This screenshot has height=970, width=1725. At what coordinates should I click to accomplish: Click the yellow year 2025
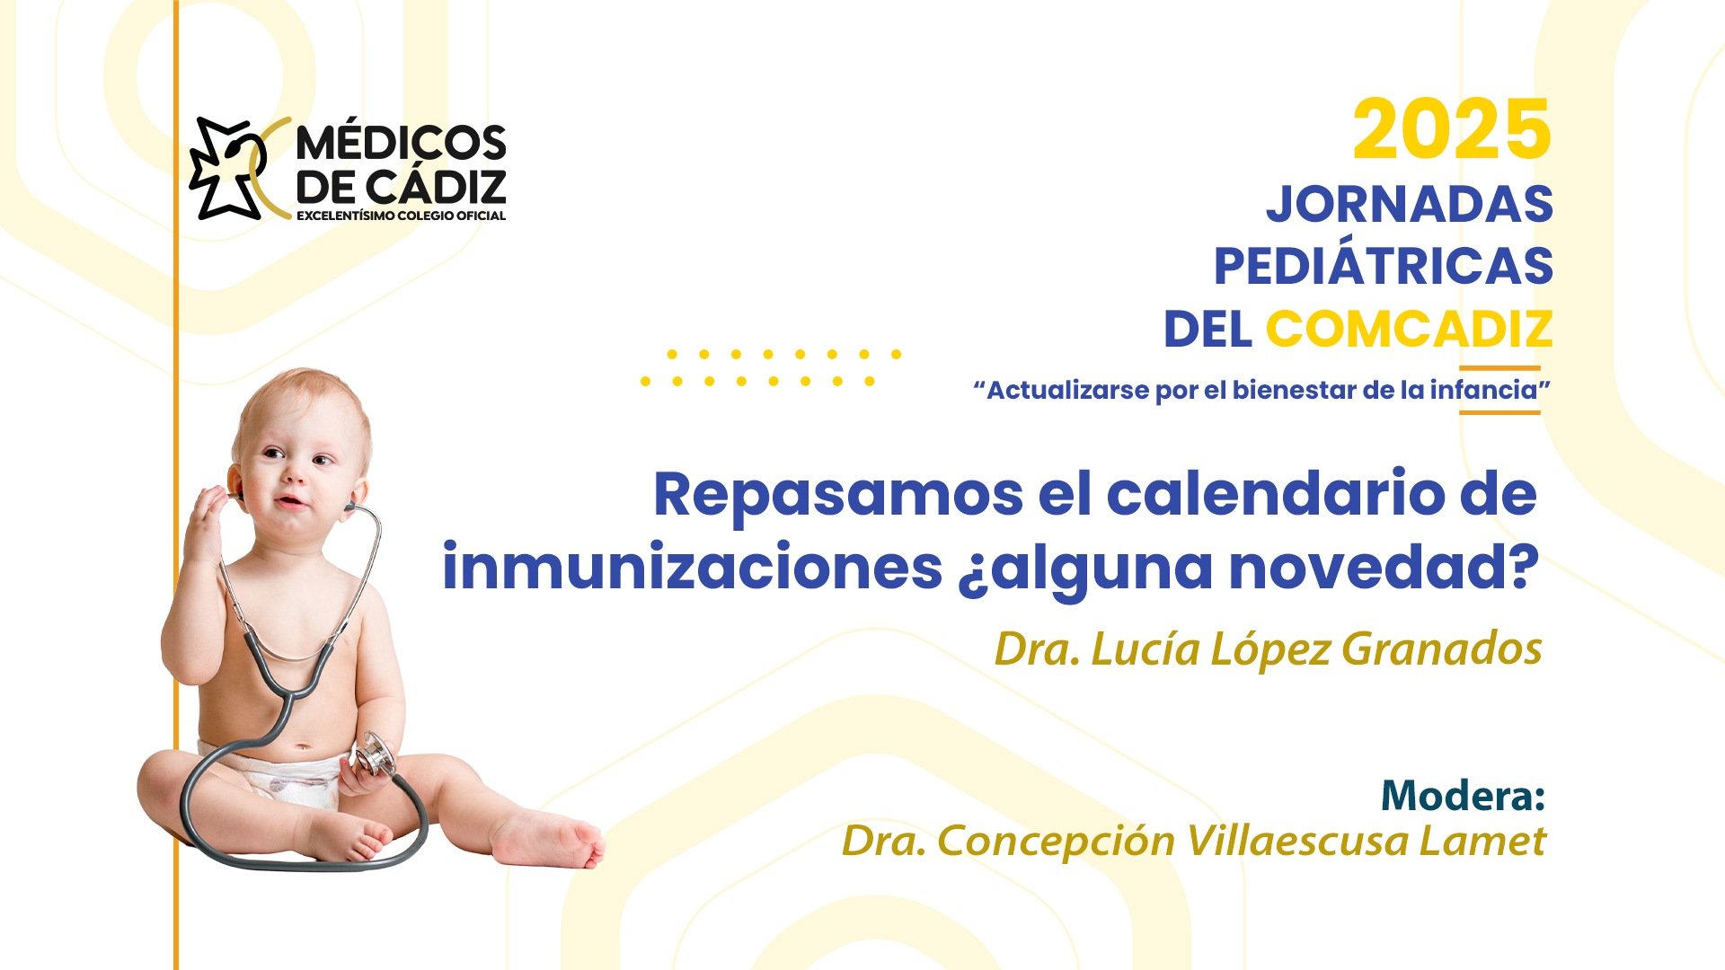coord(1452,130)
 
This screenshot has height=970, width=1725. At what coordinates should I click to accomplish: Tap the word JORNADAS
coord(1410,205)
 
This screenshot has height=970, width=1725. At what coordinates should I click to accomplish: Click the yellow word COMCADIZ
coord(1410,329)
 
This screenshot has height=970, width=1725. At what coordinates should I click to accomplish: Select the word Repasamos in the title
coord(838,496)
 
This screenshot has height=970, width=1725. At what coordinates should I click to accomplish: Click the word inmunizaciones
coord(692,567)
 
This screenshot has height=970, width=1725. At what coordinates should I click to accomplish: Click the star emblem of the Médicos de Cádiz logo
coord(226,168)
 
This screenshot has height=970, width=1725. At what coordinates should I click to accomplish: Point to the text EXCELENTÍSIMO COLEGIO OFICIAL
coord(401,216)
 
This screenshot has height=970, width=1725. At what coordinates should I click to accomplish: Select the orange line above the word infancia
coord(1499,368)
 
